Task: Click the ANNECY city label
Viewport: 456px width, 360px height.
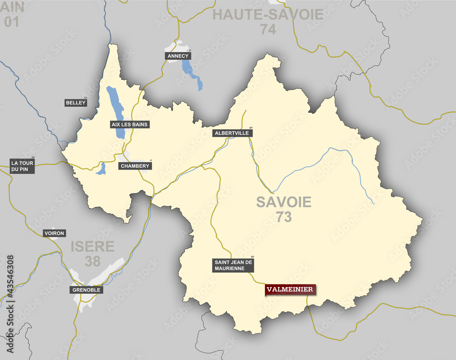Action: [178, 56]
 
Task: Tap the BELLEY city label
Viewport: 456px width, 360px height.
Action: [76, 103]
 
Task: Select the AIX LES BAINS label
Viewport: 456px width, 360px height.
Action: [130, 124]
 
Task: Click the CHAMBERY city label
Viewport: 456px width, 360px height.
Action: [135, 166]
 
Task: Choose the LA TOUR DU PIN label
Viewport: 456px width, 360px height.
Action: [23, 166]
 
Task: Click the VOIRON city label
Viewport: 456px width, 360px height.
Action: [54, 233]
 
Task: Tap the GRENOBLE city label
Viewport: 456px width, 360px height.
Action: [86, 290]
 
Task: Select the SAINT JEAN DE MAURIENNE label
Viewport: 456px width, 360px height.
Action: [233, 265]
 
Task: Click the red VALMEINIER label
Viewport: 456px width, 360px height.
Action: [290, 289]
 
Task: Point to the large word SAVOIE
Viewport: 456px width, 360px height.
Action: [284, 202]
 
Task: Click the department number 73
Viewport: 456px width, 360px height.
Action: [284, 217]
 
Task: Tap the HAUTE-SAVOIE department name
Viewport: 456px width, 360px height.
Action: [268, 15]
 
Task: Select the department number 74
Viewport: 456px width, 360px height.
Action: [269, 30]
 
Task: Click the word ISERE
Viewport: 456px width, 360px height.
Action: [93, 247]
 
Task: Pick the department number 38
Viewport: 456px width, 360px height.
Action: [93, 261]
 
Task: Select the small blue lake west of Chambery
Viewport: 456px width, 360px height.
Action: [101, 169]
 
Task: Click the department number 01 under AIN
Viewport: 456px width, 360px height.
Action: [11, 21]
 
